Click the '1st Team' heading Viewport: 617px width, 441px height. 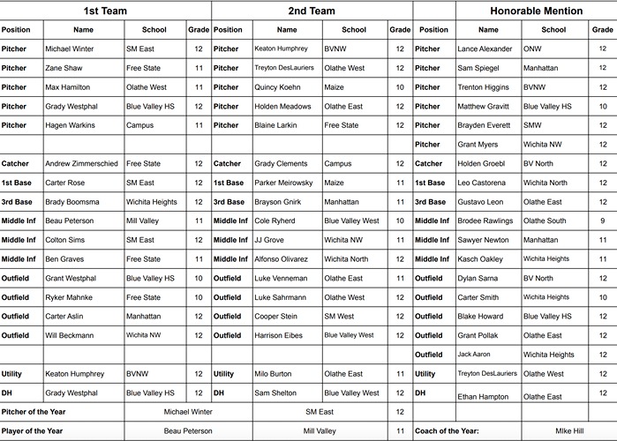(x=105, y=11)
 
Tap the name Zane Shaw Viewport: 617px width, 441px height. (x=64, y=68)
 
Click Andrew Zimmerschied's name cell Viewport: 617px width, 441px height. (x=80, y=164)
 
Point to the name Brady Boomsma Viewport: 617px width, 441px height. (x=72, y=202)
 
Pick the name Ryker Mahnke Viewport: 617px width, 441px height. (x=69, y=297)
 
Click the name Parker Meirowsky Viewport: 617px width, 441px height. (x=283, y=183)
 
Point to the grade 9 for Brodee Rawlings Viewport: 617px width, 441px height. (x=603, y=220)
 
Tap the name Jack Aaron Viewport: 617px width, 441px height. (x=474, y=355)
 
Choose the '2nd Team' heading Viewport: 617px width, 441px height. (x=312, y=11)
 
